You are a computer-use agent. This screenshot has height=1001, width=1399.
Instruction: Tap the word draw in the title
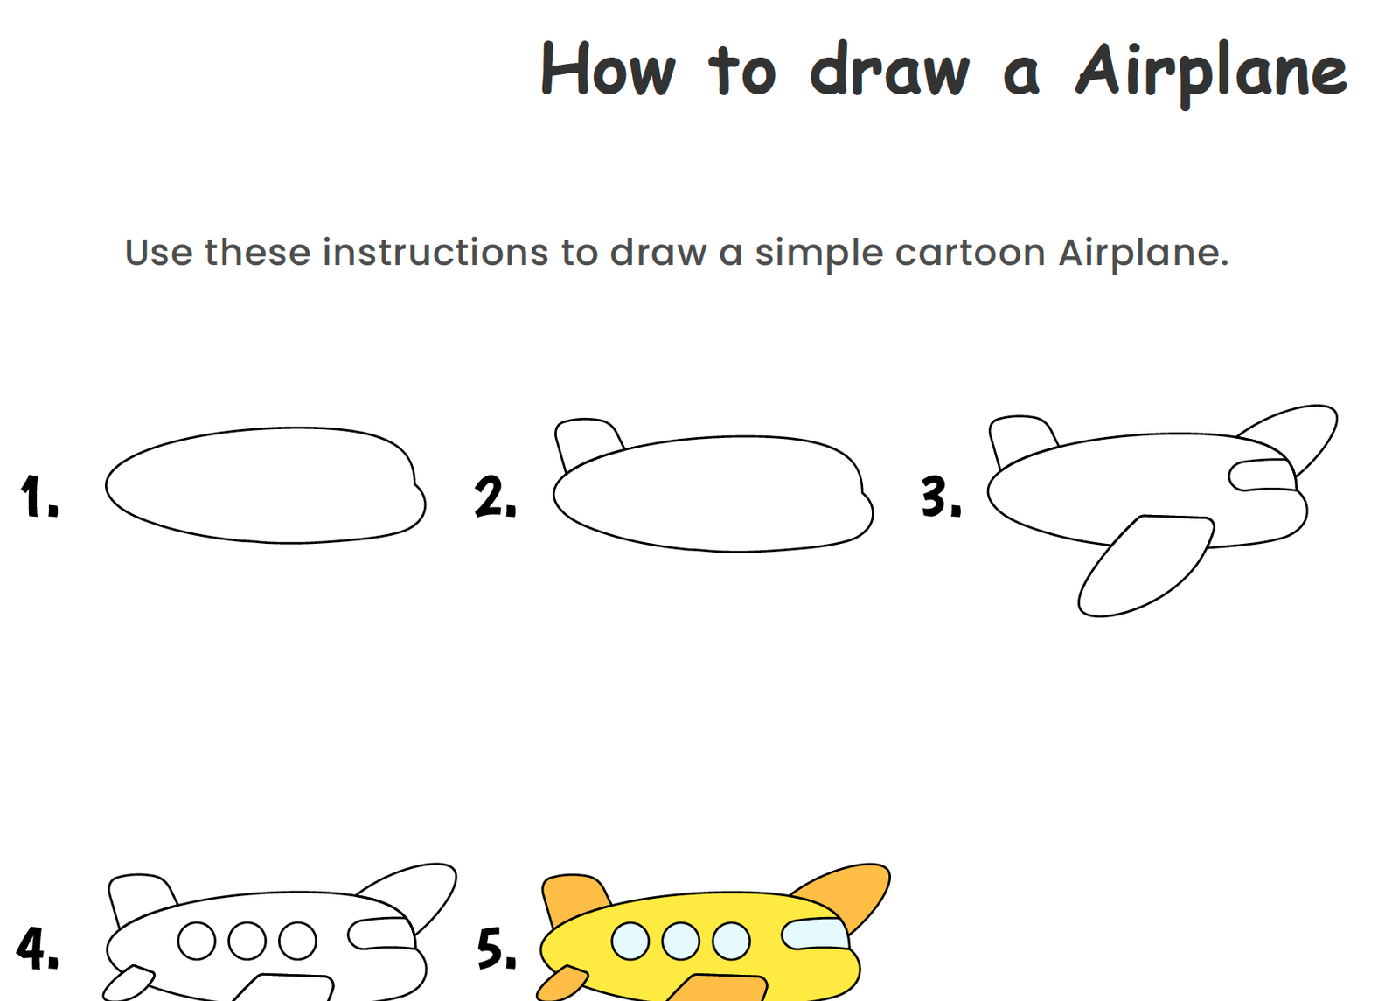pos(890,69)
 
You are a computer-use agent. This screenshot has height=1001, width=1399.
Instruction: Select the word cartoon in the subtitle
pos(970,253)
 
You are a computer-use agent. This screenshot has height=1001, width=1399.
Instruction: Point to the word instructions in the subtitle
pos(435,253)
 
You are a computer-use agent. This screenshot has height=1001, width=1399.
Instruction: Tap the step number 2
pos(495,497)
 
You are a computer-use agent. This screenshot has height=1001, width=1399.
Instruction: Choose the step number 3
pos(941,497)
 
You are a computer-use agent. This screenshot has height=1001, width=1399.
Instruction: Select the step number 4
pos(38,949)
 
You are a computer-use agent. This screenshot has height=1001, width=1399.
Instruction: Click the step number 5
pos(497,949)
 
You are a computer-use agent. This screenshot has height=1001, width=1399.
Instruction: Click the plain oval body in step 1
pos(266,485)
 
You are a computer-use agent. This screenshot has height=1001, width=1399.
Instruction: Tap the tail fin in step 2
pos(587,442)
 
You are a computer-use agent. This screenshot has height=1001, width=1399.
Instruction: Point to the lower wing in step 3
pos(1146,565)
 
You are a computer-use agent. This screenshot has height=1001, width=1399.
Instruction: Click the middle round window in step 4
pos(247,941)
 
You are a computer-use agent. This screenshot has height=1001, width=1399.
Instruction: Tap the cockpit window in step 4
pos(381,935)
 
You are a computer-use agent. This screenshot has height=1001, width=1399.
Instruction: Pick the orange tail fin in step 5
pos(574,900)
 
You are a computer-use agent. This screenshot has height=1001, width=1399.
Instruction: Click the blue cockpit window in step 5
pos(815,935)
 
